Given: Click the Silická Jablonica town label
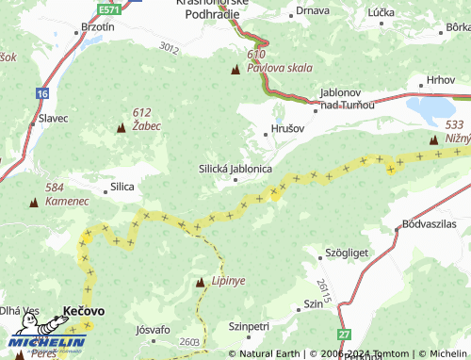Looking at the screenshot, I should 235,169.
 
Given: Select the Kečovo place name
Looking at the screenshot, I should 84,310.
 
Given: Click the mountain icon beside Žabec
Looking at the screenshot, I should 122,127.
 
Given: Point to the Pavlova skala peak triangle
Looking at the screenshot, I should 235,70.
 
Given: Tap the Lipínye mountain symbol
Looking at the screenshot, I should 200,282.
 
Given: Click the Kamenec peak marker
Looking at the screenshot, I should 35,202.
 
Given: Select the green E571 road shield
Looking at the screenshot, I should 109,8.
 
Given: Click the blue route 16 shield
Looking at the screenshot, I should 42,93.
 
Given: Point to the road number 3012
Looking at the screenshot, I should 169,47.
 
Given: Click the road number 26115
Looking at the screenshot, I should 325,291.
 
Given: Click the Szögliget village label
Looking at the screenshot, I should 347,254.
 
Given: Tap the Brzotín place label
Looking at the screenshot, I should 98,27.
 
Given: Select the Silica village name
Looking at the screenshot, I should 122,187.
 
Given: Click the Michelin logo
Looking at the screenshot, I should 42,344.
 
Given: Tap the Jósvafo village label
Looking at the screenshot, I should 153,330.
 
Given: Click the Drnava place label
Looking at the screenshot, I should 311,10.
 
